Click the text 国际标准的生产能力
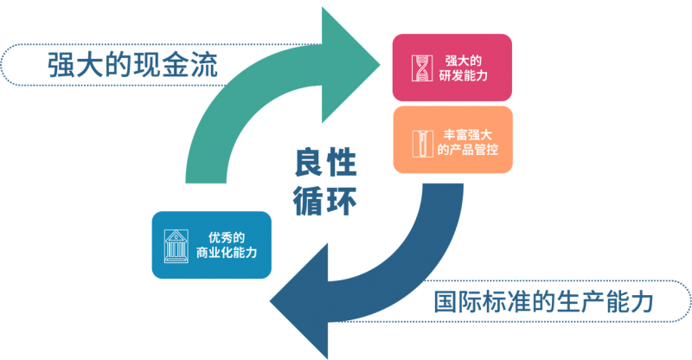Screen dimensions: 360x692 click(542, 302)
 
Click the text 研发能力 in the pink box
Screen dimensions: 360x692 click(463, 77)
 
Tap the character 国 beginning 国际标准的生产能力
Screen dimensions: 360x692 click(447, 302)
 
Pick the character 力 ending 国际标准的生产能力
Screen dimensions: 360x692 click(639, 302)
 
